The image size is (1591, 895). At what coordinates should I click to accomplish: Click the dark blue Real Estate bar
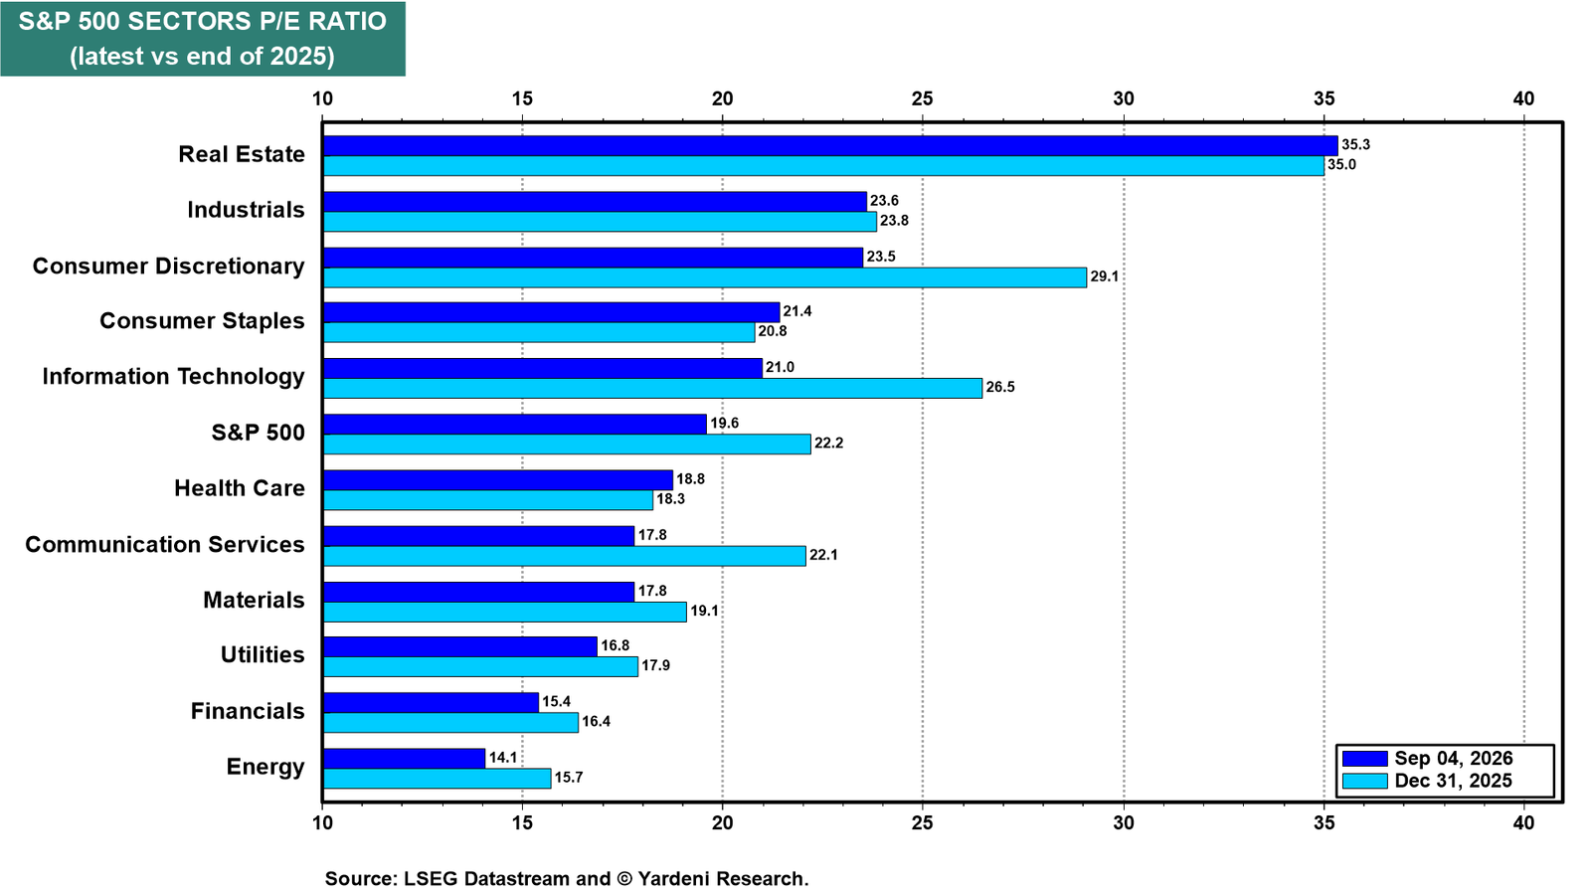pos(830,145)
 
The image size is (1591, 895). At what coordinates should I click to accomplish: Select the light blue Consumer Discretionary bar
pos(705,277)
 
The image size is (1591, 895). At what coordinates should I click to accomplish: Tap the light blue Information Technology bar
pos(652,388)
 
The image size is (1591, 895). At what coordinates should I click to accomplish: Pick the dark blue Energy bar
pos(404,758)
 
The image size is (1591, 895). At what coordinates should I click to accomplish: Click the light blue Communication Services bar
pos(565,556)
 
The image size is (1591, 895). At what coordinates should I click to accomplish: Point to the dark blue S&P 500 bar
pos(515,424)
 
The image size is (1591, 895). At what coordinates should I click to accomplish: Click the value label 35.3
pos(1356,145)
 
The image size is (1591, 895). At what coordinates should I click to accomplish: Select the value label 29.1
pos(1105,276)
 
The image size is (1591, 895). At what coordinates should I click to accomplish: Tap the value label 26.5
pos(1000,387)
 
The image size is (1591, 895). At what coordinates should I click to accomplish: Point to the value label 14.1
pos(503,757)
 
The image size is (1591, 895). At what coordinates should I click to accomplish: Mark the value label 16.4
pos(596,722)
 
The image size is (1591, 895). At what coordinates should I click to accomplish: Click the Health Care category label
pos(240,488)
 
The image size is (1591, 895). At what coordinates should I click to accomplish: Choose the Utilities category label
pos(263,654)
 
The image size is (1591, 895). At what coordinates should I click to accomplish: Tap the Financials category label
pos(248,710)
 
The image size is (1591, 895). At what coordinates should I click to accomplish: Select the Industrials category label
pos(247,210)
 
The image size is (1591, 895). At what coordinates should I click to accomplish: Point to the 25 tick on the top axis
pos(923,98)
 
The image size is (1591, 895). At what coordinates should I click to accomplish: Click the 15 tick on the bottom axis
pos(522,822)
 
